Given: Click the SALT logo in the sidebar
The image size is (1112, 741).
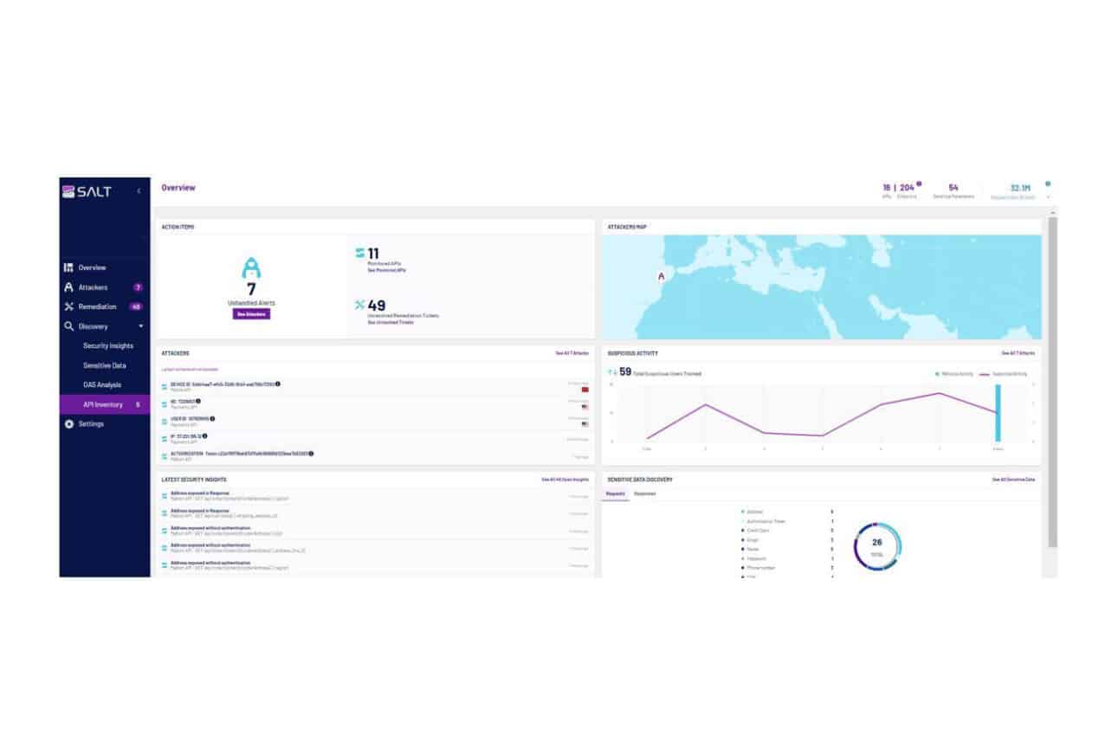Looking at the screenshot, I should click(87, 191).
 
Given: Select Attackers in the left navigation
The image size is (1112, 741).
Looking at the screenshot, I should click(93, 287).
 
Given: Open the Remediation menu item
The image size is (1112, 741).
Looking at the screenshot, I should click(96, 306).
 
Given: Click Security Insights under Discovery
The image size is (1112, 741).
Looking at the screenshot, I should click(108, 346).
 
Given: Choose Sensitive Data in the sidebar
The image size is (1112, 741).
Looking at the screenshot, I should click(104, 365).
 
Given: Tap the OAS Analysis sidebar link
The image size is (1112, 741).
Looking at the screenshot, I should click(102, 385).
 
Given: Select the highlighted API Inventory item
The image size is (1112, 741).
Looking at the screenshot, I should click(102, 405).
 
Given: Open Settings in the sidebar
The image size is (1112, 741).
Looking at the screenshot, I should click(91, 424).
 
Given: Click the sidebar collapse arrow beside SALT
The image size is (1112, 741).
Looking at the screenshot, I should click(139, 191).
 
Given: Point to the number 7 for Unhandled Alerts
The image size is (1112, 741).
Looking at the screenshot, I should click(251, 289).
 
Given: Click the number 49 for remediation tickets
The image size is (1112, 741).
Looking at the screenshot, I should click(377, 305).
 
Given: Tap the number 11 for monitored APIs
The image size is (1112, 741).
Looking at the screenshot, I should click(373, 254).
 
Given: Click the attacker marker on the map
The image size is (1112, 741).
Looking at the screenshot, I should click(662, 277).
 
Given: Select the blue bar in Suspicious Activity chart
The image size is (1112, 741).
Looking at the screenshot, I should click(998, 413).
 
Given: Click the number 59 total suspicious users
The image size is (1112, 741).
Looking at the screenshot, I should click(624, 372).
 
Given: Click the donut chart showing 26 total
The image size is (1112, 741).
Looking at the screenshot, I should click(877, 545).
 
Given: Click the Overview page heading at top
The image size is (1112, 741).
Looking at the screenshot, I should click(178, 188).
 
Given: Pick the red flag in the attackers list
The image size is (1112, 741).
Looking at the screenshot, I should click(585, 390).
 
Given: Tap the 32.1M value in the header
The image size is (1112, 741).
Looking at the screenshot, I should click(1020, 188).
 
